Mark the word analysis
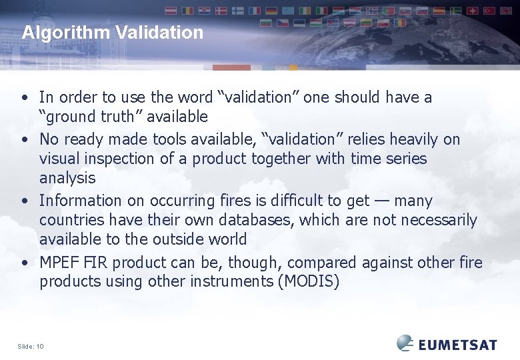tap(67, 178)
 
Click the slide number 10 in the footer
tap(40, 346)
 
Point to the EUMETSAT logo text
tap(458, 344)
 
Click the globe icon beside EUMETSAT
tap(405, 343)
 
